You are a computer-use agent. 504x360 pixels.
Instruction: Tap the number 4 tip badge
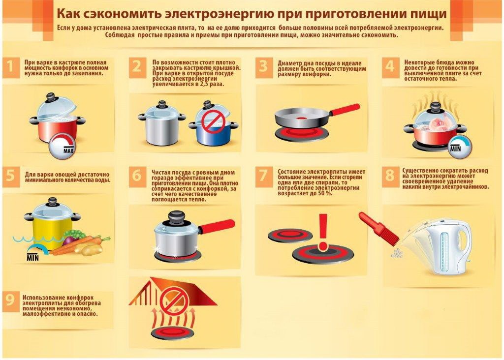[x=390, y=67]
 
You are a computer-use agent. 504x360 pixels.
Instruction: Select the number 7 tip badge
[x=264, y=176]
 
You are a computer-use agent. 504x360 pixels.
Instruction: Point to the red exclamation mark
[x=323, y=231]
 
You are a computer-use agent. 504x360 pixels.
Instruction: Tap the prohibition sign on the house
[x=171, y=301]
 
